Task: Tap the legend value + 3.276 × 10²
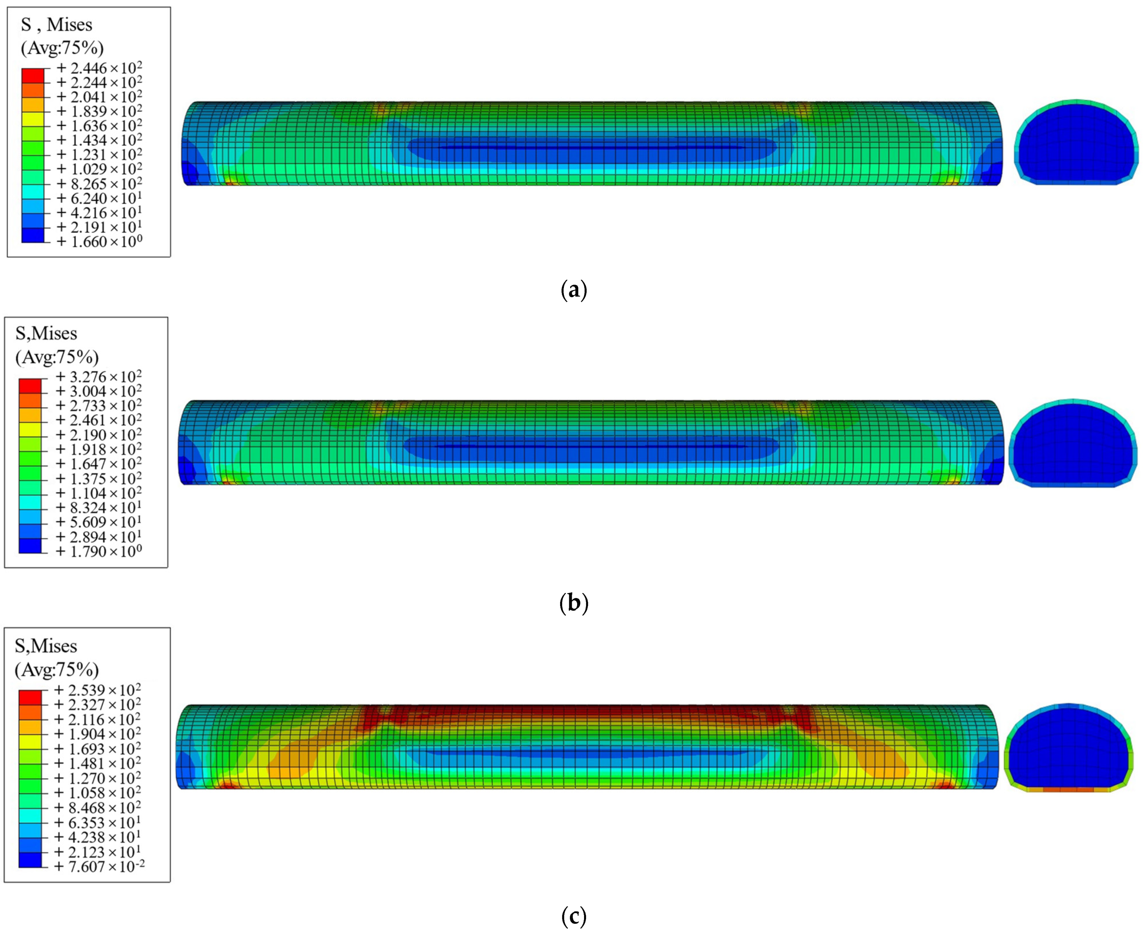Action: click(99, 377)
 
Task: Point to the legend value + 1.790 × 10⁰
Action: click(99, 552)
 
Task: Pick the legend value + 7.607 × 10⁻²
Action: click(100, 866)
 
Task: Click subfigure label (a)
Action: click(574, 290)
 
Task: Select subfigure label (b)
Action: click(574, 603)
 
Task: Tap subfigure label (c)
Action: click(574, 916)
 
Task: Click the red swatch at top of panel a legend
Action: click(33, 75)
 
